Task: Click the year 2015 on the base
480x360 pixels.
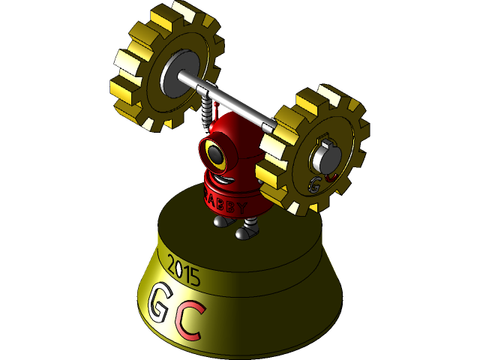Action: pos(184,271)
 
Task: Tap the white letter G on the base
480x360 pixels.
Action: pos(160,302)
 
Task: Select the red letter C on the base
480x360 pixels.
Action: pos(192,321)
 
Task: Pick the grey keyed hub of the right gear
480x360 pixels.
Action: pos(323,154)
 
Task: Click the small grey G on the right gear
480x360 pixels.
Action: pos(315,183)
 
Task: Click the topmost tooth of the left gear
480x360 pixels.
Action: pos(184,10)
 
